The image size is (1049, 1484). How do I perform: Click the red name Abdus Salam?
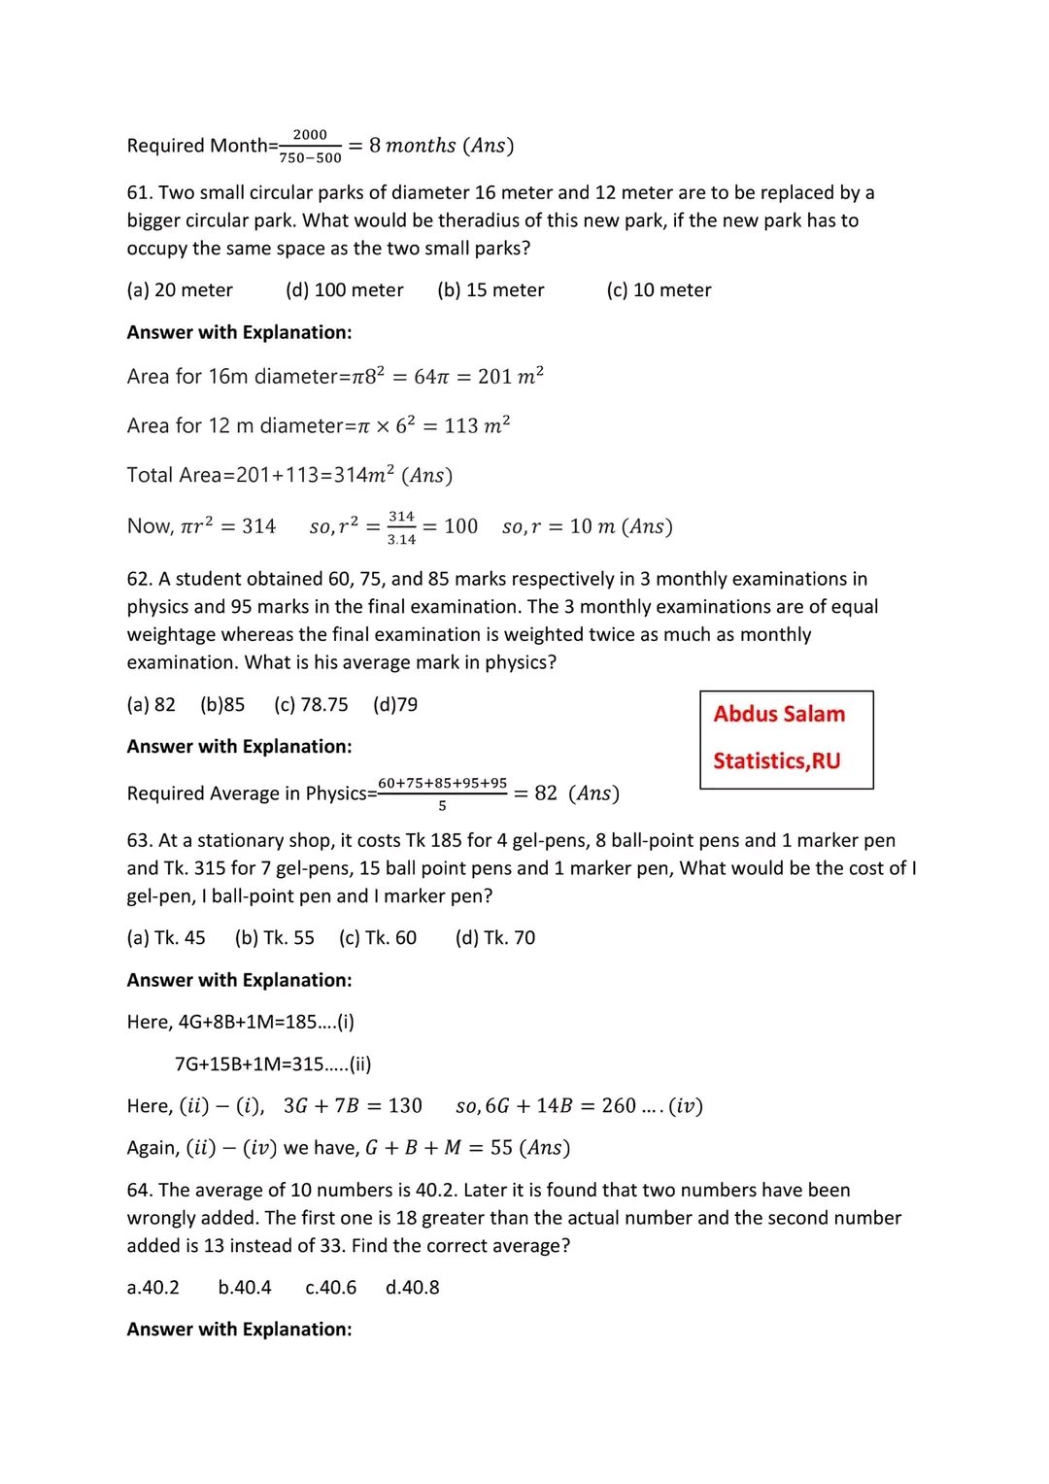point(779,714)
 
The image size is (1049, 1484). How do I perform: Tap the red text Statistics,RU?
point(776,760)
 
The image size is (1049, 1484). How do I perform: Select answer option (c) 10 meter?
point(659,290)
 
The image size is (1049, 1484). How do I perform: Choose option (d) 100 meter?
point(345,290)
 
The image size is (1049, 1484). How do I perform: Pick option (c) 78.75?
point(311,705)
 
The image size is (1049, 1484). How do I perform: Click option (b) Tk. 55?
point(275,938)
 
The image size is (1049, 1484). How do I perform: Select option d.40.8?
point(412,1288)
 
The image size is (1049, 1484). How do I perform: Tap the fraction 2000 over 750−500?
point(310,147)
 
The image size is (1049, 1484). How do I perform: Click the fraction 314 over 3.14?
point(401,527)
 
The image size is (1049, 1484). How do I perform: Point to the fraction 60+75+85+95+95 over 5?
point(442,793)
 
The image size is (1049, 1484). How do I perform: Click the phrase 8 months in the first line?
point(412,146)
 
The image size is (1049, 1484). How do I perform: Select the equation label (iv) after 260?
point(686,1106)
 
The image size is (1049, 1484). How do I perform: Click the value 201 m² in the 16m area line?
point(510,376)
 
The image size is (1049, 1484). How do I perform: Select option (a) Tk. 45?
point(166,938)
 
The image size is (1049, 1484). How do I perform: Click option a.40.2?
point(153,1288)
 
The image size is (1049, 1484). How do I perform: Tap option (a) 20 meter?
point(180,290)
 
